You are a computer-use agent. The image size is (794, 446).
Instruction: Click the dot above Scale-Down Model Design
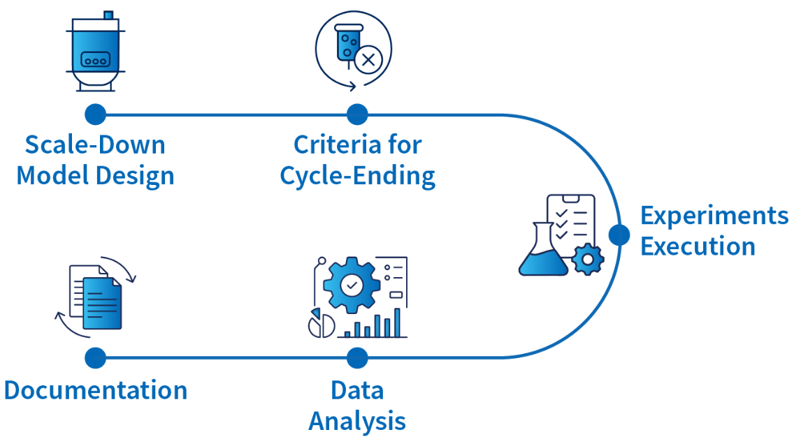[95, 114]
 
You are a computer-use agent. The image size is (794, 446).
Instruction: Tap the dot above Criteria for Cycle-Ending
[356, 114]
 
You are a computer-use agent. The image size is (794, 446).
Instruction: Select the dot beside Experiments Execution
[619, 235]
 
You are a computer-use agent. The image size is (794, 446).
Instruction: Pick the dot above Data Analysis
[356, 358]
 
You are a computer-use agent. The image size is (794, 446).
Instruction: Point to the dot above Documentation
[95, 358]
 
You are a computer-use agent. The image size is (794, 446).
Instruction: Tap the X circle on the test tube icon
[368, 60]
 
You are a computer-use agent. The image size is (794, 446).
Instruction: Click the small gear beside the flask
[587, 260]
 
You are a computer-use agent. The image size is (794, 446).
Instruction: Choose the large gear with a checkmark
[352, 283]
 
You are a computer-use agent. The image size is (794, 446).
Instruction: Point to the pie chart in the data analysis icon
[322, 325]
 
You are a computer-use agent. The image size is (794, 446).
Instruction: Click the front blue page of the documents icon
[102, 303]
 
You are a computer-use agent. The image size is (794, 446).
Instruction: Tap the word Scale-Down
[95, 145]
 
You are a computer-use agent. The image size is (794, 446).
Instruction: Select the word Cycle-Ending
[357, 176]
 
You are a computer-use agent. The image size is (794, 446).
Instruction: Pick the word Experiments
[714, 216]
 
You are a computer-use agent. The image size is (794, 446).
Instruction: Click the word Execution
[698, 246]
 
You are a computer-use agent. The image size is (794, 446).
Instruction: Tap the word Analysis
[357, 421]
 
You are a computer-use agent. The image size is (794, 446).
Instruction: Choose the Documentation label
[96, 389]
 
